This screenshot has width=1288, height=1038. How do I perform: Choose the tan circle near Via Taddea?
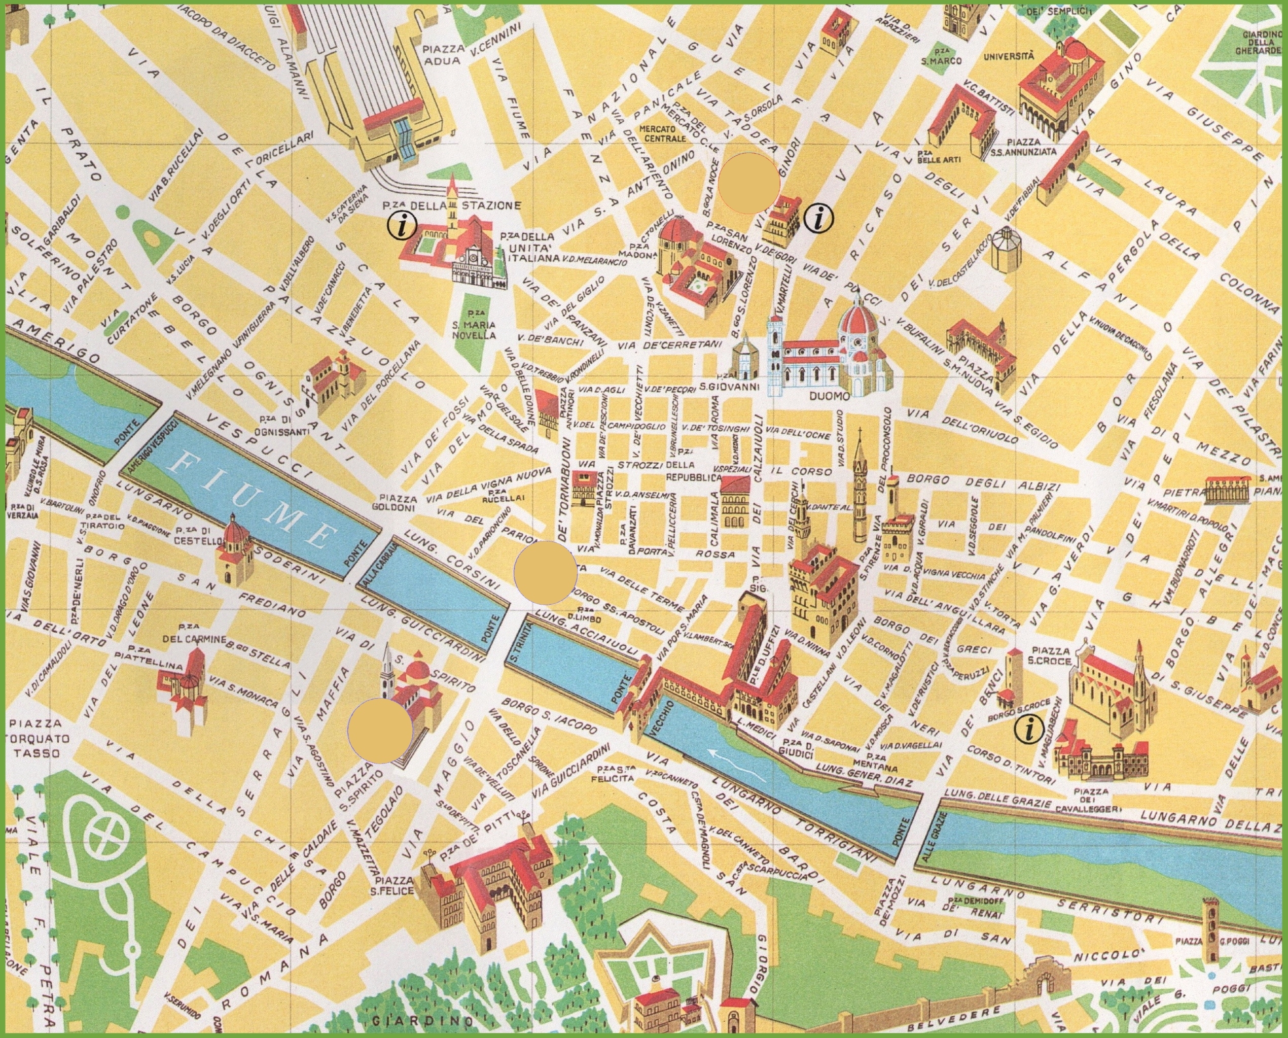click(x=749, y=184)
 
